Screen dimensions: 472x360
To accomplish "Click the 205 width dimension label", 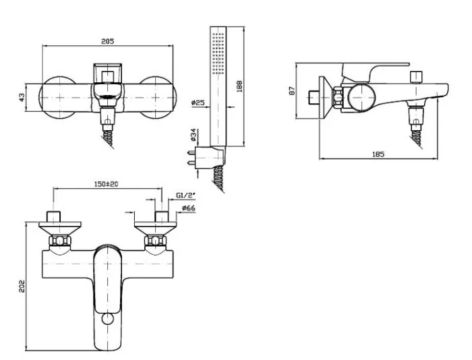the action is pos(107,41).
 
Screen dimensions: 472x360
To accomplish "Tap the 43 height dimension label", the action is pos(22,97).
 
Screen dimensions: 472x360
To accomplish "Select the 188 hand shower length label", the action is pos(239,86).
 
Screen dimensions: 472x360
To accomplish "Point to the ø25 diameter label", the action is pos(198,102).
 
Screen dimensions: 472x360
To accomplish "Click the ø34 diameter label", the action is pos(194,135).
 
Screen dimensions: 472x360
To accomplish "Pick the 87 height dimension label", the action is pos(292,91).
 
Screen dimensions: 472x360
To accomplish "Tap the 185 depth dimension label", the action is pos(378,154).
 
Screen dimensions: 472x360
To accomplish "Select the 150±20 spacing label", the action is pos(107,183).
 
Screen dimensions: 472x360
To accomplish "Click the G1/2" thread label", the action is pos(185,196).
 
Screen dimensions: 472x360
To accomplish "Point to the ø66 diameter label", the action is pos(188,208).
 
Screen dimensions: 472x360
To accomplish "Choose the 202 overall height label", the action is pos(22,287).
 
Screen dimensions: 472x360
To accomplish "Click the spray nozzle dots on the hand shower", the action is pos(218,53).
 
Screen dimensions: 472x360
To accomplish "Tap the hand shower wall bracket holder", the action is pos(210,157).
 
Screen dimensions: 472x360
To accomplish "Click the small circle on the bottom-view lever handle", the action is pos(107,318).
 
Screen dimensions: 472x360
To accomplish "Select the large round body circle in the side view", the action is pos(361,98).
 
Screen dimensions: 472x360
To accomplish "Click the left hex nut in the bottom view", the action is pos(60,241).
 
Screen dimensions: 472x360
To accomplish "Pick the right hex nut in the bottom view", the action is pos(155,241).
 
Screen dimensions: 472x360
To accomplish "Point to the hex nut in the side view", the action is pos(338,97).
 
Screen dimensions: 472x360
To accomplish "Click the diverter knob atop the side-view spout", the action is pos(416,77).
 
